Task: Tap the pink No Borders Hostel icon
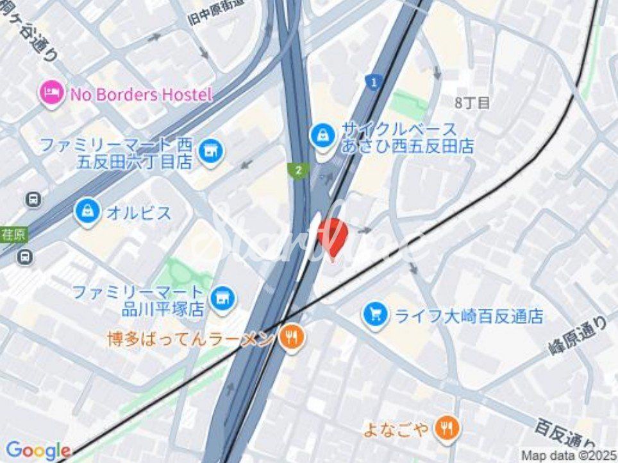[x=51, y=95]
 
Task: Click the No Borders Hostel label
[x=141, y=95]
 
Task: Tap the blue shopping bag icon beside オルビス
[x=87, y=213]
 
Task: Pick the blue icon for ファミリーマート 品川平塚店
[x=223, y=297]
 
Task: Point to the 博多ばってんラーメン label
[x=191, y=339]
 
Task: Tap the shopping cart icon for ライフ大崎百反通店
[x=375, y=315]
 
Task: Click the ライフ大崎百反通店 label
[x=469, y=316]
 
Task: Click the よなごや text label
[x=395, y=429]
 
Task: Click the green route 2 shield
[x=297, y=170]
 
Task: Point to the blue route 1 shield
[x=372, y=81]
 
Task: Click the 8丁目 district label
[x=472, y=102]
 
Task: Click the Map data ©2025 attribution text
[x=567, y=455]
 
